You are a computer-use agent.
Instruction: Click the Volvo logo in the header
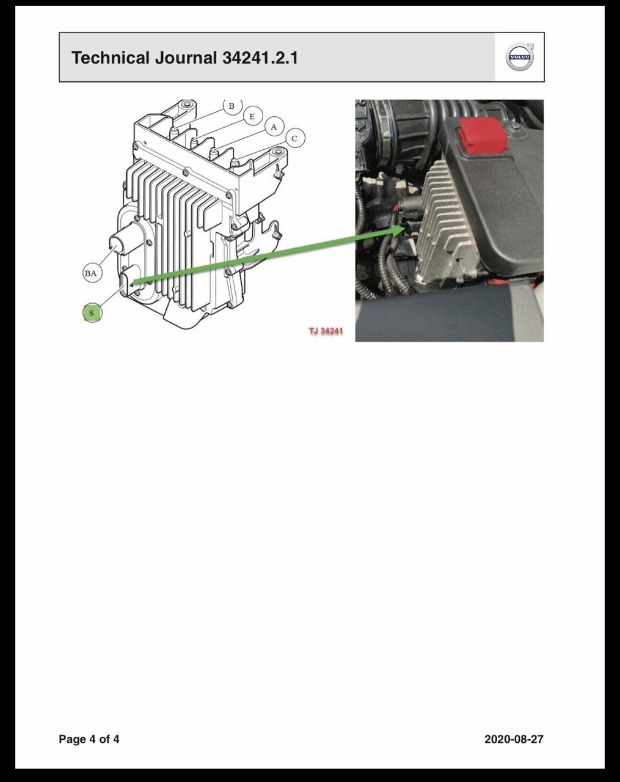(520, 57)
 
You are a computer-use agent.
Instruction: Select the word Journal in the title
(186, 57)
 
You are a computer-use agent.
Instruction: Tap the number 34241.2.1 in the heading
(260, 57)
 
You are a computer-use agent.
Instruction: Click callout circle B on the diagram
(232, 106)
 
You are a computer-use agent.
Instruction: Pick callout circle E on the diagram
(252, 116)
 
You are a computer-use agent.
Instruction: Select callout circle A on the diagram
(274, 127)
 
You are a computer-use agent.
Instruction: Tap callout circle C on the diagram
(295, 138)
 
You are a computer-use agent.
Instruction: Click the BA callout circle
(91, 273)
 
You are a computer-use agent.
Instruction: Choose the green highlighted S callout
(92, 313)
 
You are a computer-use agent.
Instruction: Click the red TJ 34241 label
(326, 331)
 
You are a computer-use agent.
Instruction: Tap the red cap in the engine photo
(483, 135)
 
